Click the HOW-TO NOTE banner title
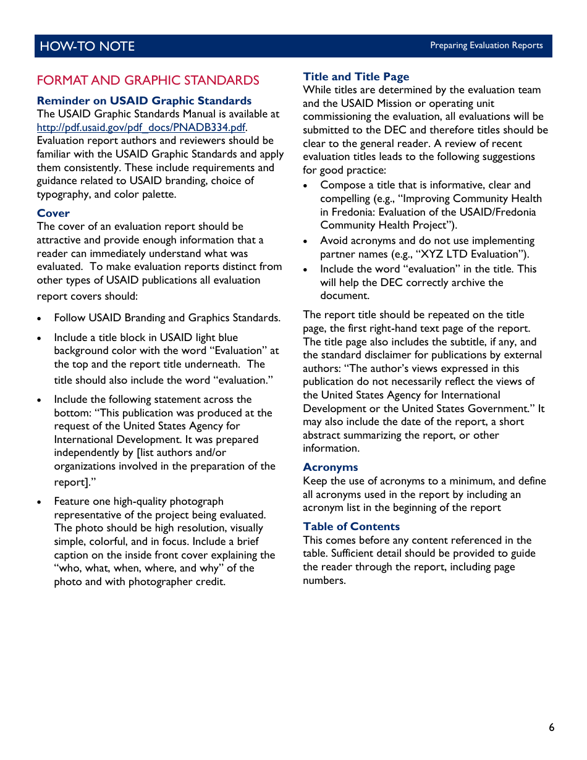point(87,46)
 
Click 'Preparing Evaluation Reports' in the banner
point(486,46)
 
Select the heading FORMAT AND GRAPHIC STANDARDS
point(148,80)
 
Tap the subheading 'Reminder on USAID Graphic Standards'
point(144,101)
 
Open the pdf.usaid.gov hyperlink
point(141,127)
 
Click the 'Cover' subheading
point(53,213)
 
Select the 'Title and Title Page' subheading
point(356,77)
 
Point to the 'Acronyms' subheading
point(330,467)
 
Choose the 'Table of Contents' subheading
point(351,526)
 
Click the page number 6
point(551,727)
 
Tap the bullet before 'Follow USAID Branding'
point(40,318)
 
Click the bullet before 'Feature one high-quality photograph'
point(40,502)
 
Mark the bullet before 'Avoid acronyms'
point(306,241)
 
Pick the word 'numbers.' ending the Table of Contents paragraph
point(324,580)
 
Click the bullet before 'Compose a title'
point(306,185)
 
